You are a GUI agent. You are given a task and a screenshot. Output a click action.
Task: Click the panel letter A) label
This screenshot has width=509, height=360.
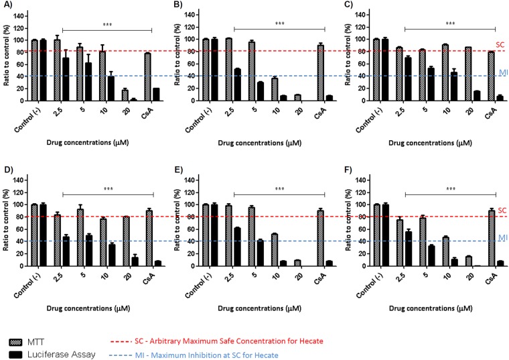(6, 7)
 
